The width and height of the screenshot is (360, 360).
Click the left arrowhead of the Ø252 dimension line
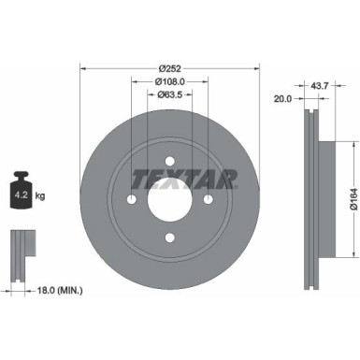(x=84, y=68)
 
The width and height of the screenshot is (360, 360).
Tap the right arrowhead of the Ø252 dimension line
(x=254, y=68)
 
